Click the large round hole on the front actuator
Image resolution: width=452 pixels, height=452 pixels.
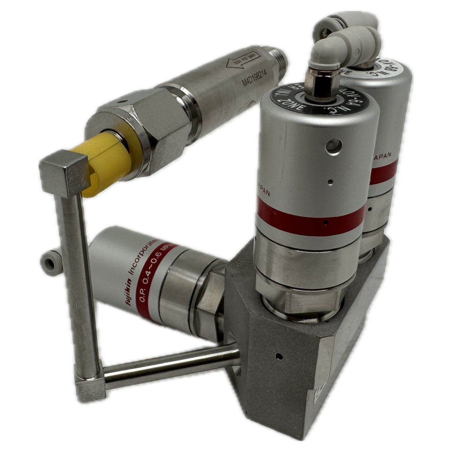(x=333, y=145)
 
